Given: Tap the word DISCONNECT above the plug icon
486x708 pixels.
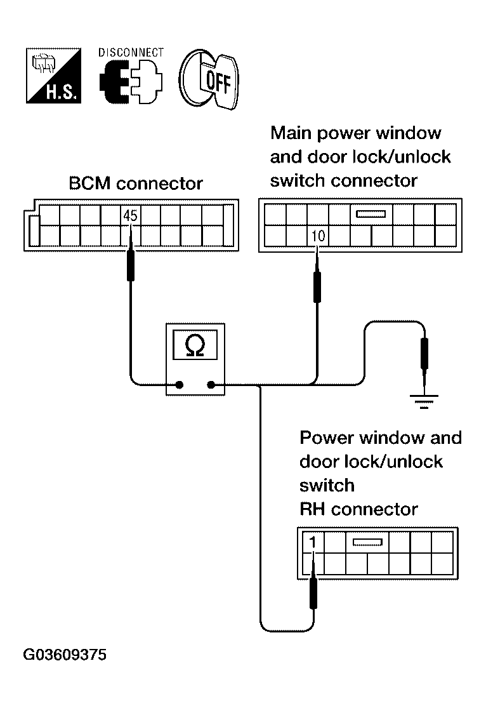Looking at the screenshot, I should click(x=131, y=52).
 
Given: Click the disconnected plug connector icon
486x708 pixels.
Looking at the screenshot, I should click(x=130, y=83).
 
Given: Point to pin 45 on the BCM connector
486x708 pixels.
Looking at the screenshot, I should click(x=130, y=216).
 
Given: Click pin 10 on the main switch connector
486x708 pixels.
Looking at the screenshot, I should click(x=318, y=237).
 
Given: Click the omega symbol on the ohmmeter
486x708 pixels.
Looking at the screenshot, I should click(x=196, y=345).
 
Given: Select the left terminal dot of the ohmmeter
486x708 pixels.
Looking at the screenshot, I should click(x=180, y=384).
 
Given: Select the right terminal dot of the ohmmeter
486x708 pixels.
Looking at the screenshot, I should click(x=211, y=384).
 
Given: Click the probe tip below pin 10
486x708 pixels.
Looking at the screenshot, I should click(x=317, y=286).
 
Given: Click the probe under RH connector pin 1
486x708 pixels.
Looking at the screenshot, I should click(x=313, y=593).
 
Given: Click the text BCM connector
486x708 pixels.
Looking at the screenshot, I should click(x=135, y=184).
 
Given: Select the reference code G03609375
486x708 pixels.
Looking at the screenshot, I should click(x=65, y=655).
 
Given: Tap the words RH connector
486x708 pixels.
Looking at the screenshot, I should click(x=358, y=509).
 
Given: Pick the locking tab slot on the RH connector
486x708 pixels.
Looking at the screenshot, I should click(x=366, y=542).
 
